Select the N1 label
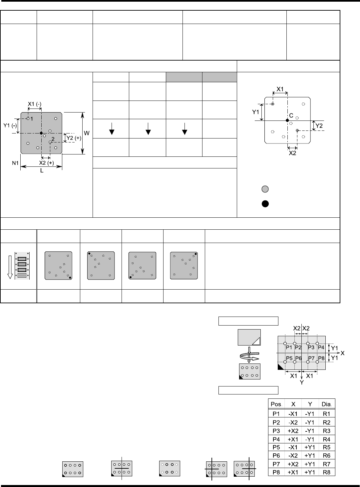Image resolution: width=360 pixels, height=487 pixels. pos(15,163)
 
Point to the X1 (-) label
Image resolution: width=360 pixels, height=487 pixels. pos(35,104)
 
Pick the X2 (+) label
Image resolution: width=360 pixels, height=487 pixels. pos(47,163)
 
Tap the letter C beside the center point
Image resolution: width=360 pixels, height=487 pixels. pos(291,116)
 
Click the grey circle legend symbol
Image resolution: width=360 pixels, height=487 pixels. pos(265,189)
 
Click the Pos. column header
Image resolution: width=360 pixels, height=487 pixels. pos(276,404)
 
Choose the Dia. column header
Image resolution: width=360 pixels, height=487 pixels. pos(327,404)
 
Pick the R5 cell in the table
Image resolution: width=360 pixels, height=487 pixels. pos(327,447)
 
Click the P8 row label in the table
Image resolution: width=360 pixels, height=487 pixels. pos(276,472)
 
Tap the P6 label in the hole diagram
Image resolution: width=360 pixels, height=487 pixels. pos(298,358)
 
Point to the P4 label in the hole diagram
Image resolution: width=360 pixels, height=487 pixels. pos(321,347)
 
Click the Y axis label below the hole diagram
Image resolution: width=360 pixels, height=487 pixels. pos(301,382)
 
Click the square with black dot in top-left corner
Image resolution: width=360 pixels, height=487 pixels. pos(101,266)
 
